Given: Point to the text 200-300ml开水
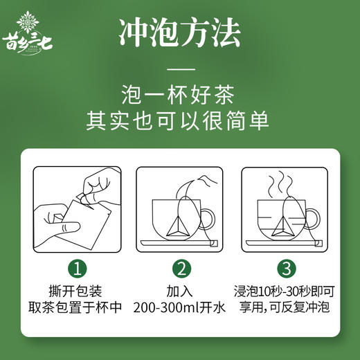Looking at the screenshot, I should [x=181, y=307].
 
